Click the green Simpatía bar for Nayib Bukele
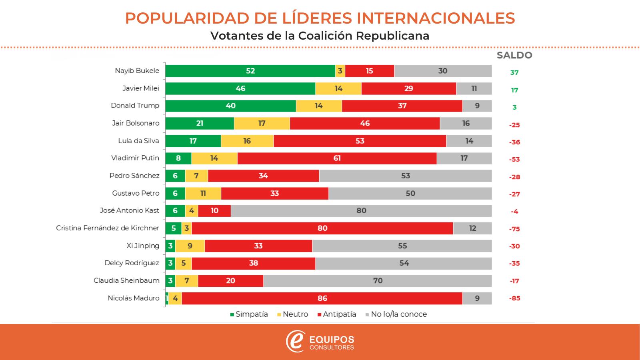click(x=250, y=71)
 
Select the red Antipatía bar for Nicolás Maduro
click(x=322, y=298)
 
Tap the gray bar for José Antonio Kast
click(x=361, y=211)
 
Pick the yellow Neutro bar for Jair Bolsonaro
click(x=262, y=123)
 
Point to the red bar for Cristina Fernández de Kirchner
click(x=322, y=228)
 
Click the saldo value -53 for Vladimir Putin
click(x=514, y=160)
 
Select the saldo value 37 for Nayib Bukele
click(x=514, y=73)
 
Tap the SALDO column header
click(x=514, y=56)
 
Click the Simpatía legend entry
click(x=249, y=314)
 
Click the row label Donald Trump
click(x=135, y=106)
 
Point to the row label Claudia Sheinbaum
click(x=126, y=281)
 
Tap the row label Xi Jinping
click(x=143, y=246)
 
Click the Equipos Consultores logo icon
click(x=296, y=341)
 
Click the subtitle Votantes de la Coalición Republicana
click(x=320, y=36)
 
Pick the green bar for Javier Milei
click(x=240, y=88)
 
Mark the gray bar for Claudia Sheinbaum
click(x=378, y=281)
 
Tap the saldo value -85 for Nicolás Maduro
click(x=514, y=298)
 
